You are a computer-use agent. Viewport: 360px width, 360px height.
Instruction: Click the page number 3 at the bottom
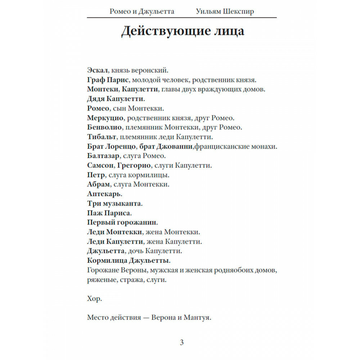point(181,342)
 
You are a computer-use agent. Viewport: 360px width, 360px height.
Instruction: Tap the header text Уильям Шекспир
point(225,12)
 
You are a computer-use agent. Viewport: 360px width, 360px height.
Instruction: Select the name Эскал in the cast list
point(97,70)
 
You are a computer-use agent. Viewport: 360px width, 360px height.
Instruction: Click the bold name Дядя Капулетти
point(116,98)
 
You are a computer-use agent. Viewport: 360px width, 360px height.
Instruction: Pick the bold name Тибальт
point(102,137)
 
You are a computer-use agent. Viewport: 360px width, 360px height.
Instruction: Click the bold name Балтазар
point(104,156)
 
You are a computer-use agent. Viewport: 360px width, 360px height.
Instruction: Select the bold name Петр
point(96,175)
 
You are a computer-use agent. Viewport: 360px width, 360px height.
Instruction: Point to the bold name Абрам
point(98,184)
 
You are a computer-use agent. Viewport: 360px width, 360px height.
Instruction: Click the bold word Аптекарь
point(104,194)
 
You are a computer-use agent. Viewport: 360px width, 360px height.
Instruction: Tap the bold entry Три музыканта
point(114,203)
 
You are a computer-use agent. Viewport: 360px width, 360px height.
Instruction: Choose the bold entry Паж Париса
point(109,213)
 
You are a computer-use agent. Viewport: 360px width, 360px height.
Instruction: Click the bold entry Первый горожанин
point(122,222)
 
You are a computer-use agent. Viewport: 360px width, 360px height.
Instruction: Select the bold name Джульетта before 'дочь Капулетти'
point(106,251)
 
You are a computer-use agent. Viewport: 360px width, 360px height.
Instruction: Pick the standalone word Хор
point(94,299)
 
